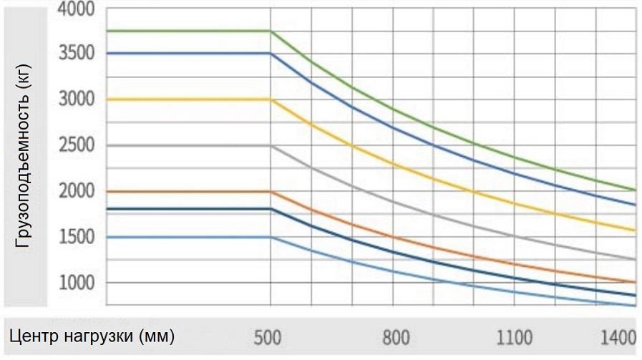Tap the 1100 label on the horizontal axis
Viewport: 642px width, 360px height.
pyautogui.click(x=515, y=336)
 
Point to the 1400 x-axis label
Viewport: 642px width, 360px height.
pyautogui.click(x=617, y=336)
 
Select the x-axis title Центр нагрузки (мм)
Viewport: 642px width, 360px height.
pyautogui.click(x=91, y=336)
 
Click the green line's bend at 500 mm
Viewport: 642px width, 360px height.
pyautogui.click(x=271, y=31)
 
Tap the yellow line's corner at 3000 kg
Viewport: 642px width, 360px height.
pyautogui.click(x=271, y=99)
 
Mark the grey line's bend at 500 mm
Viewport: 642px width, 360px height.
pyautogui.click(x=271, y=146)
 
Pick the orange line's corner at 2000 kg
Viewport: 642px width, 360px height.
pyautogui.click(x=271, y=192)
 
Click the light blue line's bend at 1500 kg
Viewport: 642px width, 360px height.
pyautogui.click(x=271, y=237)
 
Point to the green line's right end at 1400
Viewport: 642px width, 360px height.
pyautogui.click(x=636, y=190)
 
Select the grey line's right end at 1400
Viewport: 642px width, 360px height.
pyautogui.click(x=636, y=260)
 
